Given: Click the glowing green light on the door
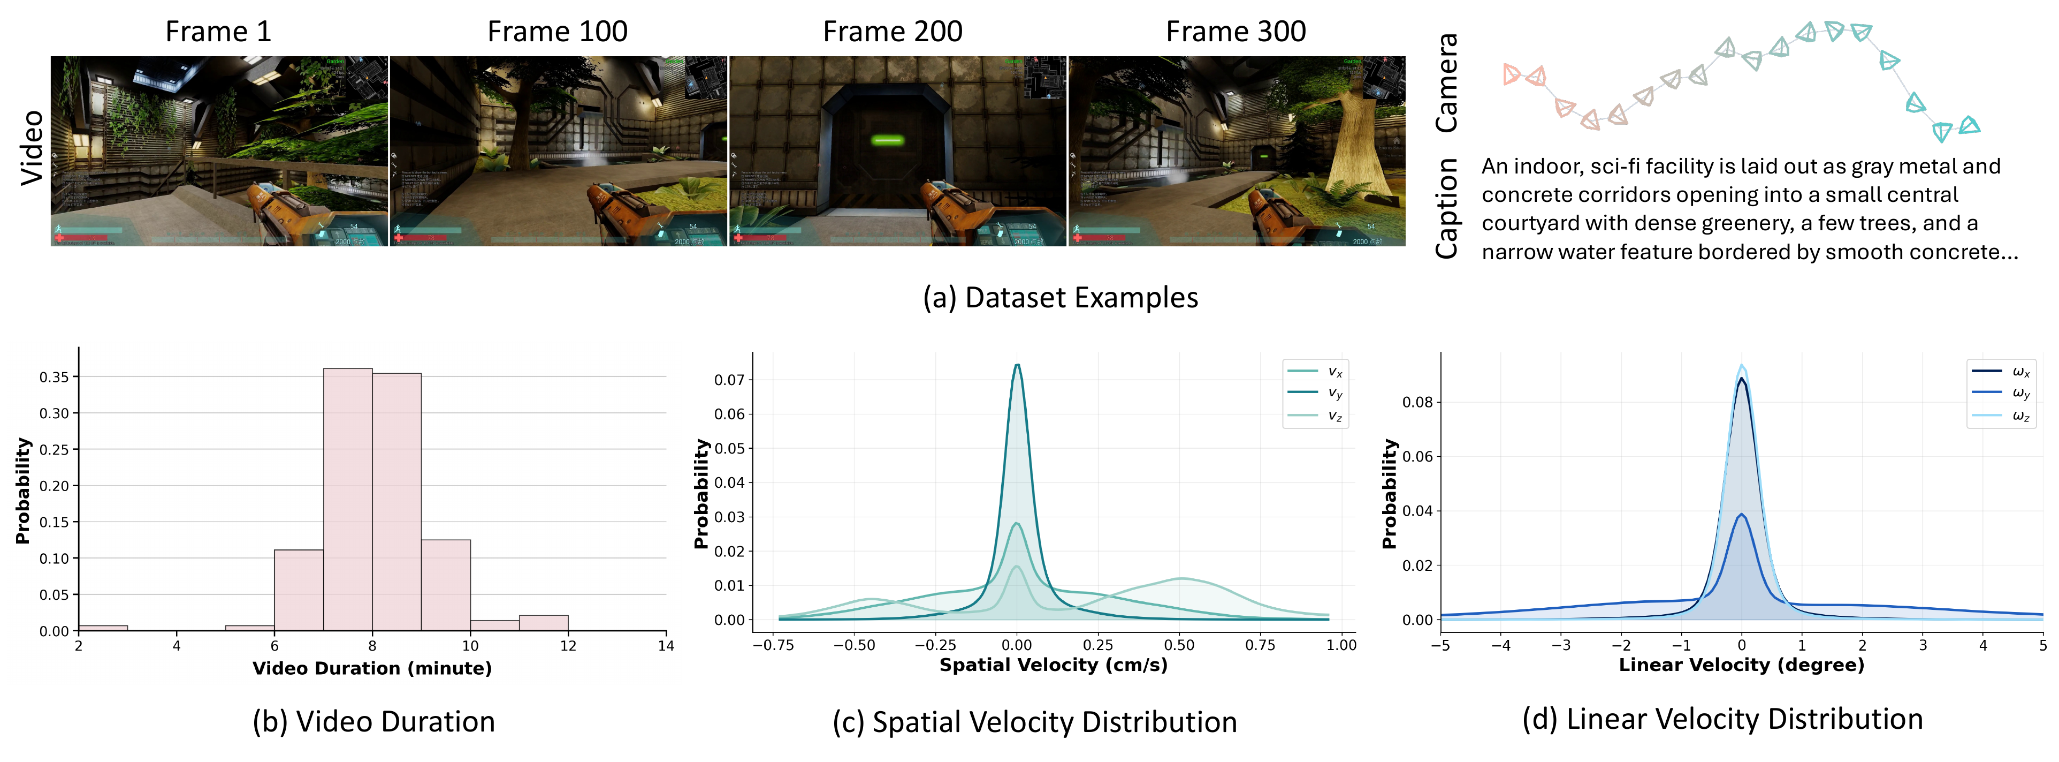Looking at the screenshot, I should coord(887,141).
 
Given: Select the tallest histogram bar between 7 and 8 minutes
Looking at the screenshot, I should coord(348,499).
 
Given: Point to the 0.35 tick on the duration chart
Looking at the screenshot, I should coord(55,376).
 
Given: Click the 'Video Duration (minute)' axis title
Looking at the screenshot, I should coord(372,668).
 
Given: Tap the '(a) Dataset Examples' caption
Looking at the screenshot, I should coord(1060,297).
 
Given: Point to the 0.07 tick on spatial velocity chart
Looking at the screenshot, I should coord(729,380).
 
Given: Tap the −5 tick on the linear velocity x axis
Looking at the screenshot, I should coord(1440,645).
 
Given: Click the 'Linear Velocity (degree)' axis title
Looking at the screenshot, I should coord(1741,665).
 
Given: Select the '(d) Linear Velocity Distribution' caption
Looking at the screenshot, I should coord(1722,719).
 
